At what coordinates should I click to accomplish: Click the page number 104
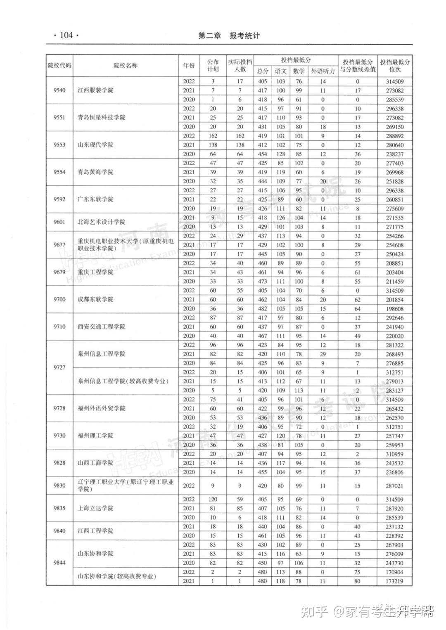point(66,36)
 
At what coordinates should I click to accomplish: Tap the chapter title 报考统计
point(245,36)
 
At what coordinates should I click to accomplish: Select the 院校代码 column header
point(59,65)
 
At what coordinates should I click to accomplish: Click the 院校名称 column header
point(126,65)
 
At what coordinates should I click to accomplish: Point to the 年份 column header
point(189,65)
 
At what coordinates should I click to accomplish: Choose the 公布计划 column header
point(213,65)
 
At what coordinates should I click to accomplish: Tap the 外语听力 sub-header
point(323,71)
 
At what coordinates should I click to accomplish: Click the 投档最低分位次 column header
point(395,65)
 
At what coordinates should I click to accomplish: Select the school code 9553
point(59,144)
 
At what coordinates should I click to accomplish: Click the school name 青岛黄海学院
point(95,172)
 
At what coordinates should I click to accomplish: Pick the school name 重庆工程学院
point(95,272)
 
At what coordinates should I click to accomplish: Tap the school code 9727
point(59,367)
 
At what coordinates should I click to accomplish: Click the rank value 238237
point(394,154)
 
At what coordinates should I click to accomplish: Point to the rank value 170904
point(394,572)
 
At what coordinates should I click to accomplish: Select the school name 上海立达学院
point(95,508)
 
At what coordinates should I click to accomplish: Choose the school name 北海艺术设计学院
point(102,222)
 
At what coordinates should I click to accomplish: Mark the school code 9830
point(59,486)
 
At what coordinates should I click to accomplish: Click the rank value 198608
point(394,309)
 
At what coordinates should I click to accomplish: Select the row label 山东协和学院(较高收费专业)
point(117,577)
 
